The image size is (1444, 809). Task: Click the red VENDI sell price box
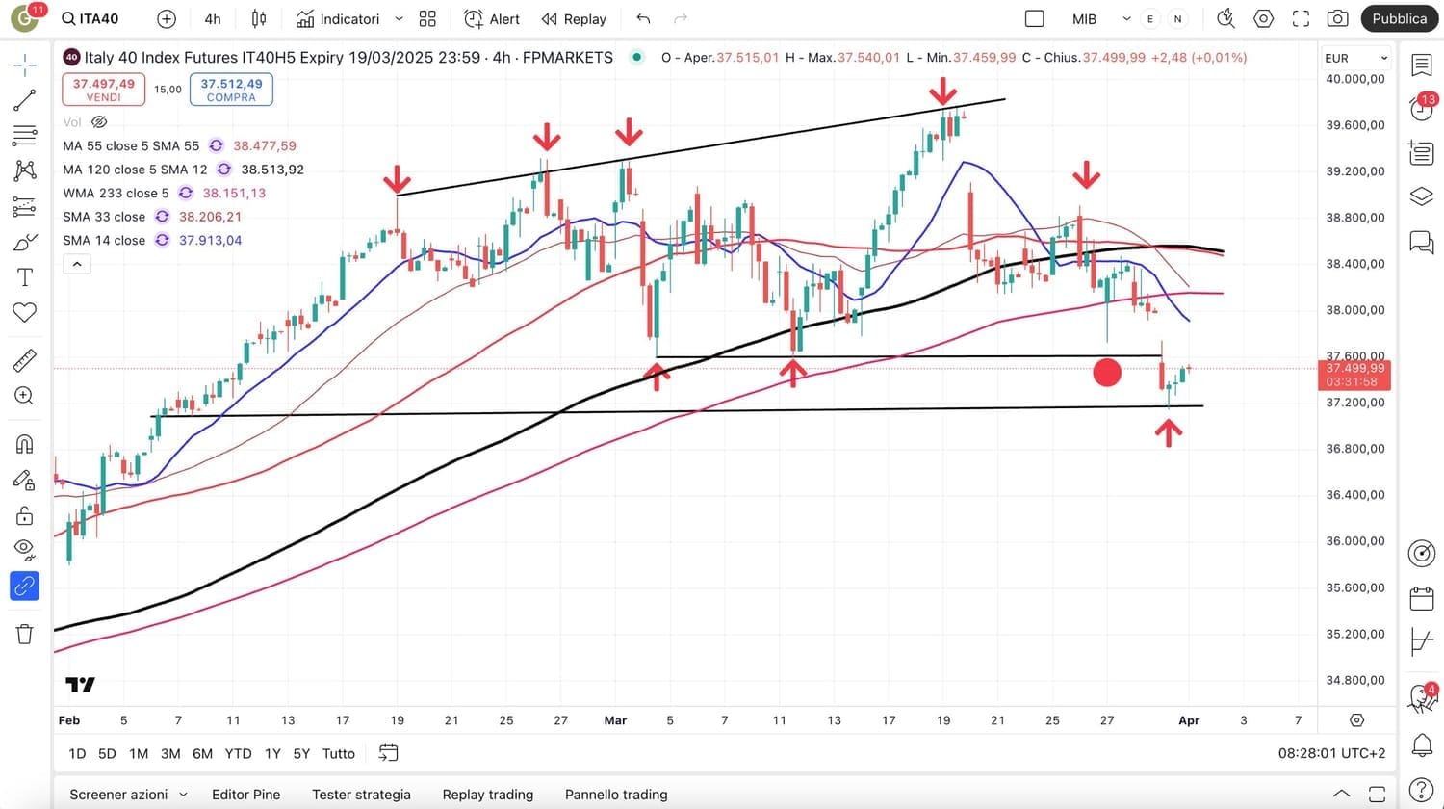pyautogui.click(x=103, y=90)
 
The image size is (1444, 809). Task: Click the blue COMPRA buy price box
pyautogui.click(x=231, y=90)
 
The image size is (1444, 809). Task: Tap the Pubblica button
pyautogui.click(x=1399, y=18)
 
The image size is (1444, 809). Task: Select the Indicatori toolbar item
pyautogui.click(x=338, y=18)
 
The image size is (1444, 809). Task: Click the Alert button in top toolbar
pyautogui.click(x=492, y=18)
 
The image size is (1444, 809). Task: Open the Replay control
pyautogui.click(x=574, y=18)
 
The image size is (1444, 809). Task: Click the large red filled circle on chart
pyautogui.click(x=1107, y=373)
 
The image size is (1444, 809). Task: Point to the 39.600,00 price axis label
pyautogui.click(x=1354, y=124)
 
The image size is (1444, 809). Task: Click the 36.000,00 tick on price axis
pyautogui.click(x=1354, y=541)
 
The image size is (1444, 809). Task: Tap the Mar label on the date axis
pyautogui.click(x=615, y=720)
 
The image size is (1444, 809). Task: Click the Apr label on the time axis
pyautogui.click(x=1189, y=720)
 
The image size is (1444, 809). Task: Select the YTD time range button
pyautogui.click(x=238, y=753)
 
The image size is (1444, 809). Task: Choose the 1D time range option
pyautogui.click(x=77, y=753)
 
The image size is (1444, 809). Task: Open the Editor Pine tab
pyautogui.click(x=245, y=795)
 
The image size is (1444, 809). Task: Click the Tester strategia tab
pyautogui.click(x=361, y=795)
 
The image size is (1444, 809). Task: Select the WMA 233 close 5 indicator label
pyautogui.click(x=116, y=193)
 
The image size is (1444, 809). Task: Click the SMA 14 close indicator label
pyautogui.click(x=104, y=240)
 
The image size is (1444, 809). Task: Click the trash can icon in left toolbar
pyautogui.click(x=24, y=633)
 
